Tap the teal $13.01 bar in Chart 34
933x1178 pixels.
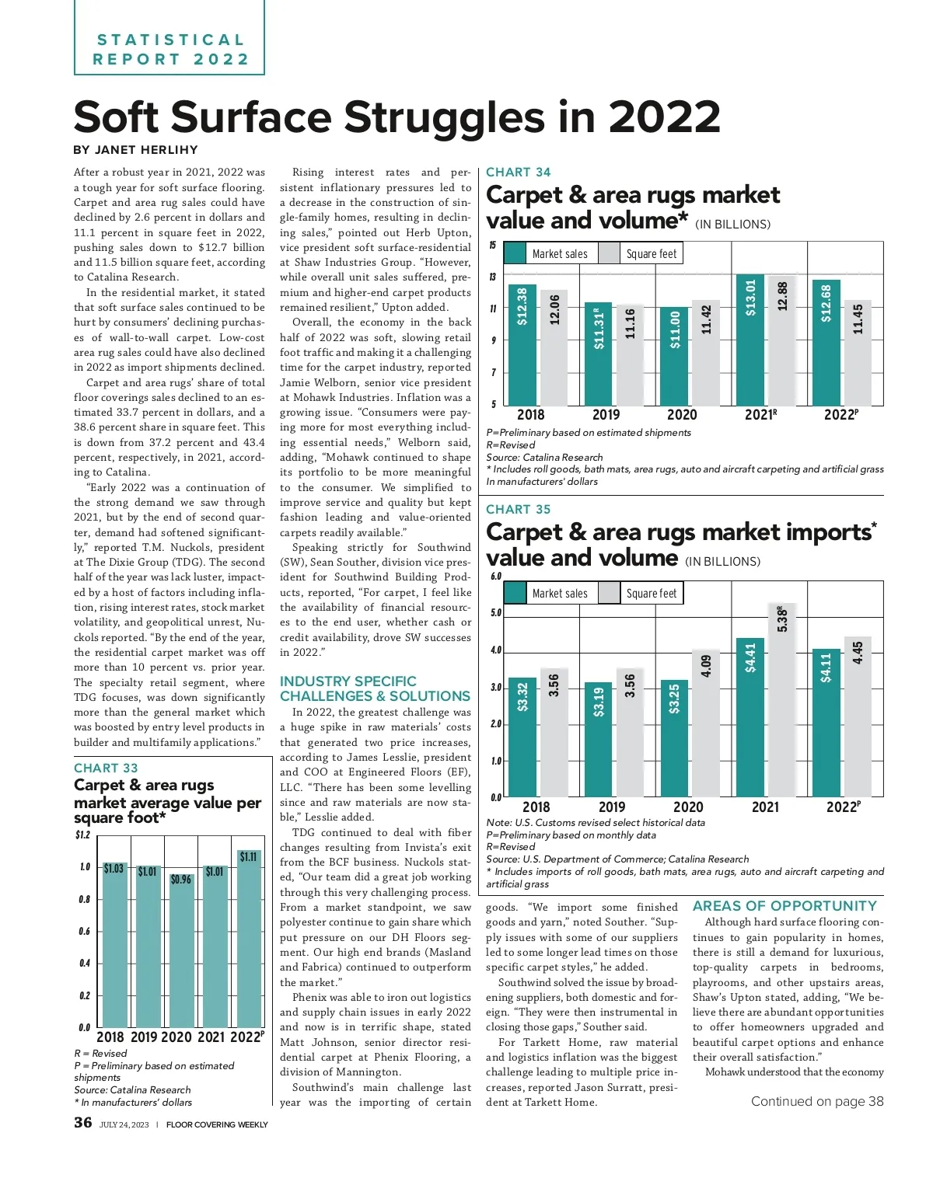tap(750, 340)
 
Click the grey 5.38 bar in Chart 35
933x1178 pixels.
tap(782, 699)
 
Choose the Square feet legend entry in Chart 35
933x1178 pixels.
tap(641, 593)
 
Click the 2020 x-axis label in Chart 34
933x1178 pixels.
tap(682, 415)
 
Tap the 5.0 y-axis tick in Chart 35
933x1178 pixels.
tap(495, 613)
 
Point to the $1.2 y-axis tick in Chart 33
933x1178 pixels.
tap(82, 835)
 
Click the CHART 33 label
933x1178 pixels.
tap(106, 768)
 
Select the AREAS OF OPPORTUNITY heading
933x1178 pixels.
tap(784, 906)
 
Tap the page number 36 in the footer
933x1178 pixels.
tap(82, 1122)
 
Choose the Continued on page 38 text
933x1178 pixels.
tap(817, 1101)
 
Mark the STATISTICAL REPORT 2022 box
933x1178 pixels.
tap(169, 49)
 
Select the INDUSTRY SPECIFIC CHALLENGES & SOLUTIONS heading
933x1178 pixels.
tap(375, 688)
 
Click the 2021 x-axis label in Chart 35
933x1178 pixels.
tap(765, 807)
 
